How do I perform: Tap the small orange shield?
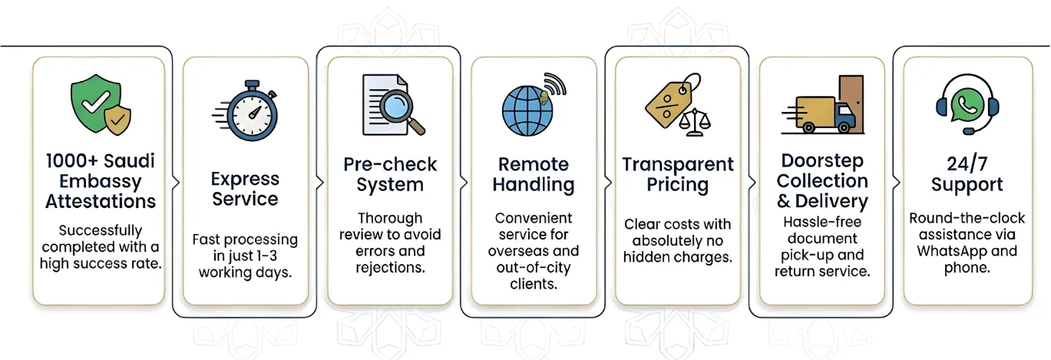(117, 121)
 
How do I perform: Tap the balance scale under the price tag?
(695, 122)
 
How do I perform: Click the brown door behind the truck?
(851, 96)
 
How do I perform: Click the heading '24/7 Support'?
(967, 174)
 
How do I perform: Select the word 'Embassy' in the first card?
(101, 182)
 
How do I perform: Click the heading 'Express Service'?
(245, 189)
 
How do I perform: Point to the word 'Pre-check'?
(389, 165)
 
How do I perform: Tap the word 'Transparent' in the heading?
(677, 165)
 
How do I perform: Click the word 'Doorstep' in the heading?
(821, 161)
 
